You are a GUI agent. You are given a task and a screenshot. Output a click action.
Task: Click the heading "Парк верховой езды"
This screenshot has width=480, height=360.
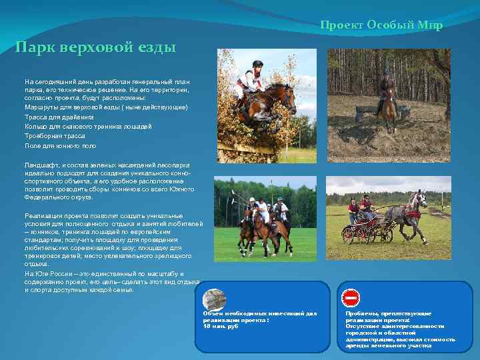(x=96, y=48)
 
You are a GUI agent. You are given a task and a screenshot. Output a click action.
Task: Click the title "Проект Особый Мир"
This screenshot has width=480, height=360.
(x=381, y=25)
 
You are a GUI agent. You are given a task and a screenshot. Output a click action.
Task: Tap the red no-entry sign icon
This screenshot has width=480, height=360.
(x=351, y=297)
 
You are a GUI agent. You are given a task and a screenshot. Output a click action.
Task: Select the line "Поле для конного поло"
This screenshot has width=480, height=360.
(x=61, y=145)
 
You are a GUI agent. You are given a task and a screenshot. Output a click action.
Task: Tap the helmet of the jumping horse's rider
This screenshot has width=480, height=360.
(x=258, y=65)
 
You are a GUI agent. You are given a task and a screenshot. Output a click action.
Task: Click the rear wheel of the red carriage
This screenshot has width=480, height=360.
(x=349, y=235)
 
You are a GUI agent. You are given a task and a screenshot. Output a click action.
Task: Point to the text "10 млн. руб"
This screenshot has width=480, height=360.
(x=221, y=326)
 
